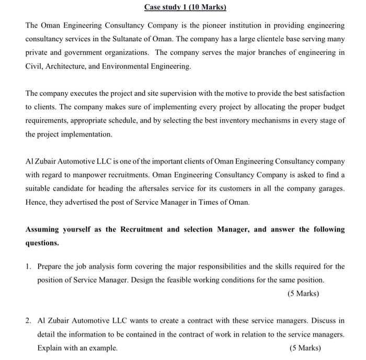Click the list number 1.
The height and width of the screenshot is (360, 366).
(28, 266)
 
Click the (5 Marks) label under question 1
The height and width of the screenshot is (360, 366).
(303, 294)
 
